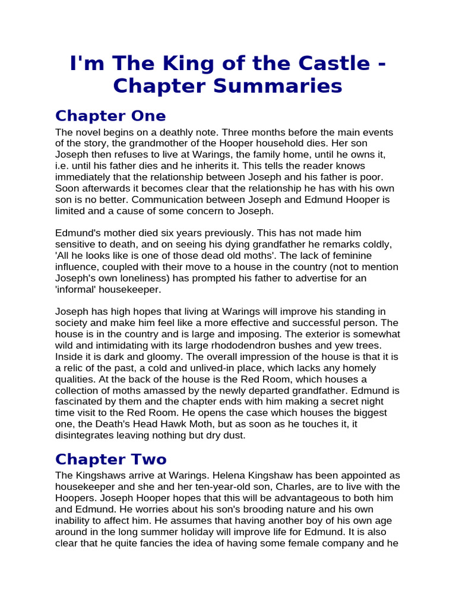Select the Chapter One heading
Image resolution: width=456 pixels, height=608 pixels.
[x=110, y=115]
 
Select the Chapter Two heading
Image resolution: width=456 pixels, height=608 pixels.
[x=111, y=459]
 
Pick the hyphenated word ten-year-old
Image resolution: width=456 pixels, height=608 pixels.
[x=188, y=487]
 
